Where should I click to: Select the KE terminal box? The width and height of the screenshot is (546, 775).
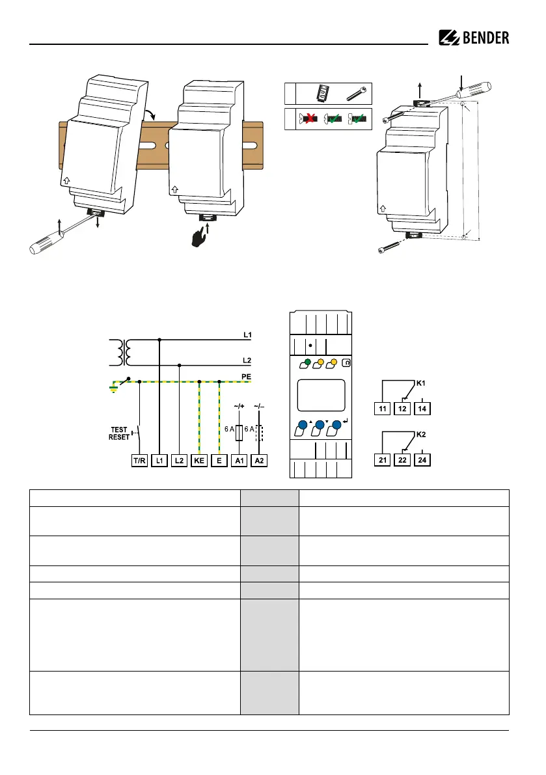pos(199,461)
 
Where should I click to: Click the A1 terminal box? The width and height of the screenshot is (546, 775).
pos(240,461)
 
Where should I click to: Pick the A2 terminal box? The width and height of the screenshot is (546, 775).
pos(260,461)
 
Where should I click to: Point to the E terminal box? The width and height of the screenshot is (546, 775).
pos(219,461)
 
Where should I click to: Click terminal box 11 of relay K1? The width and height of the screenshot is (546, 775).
pos(382,409)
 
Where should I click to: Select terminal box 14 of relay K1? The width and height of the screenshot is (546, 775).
pos(424,409)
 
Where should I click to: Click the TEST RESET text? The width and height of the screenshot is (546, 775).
pos(120,433)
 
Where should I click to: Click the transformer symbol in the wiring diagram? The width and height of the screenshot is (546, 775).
pos(122,351)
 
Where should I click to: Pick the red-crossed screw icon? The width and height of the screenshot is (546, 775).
pos(309,119)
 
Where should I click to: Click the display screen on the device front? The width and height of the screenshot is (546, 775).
pos(320,397)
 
